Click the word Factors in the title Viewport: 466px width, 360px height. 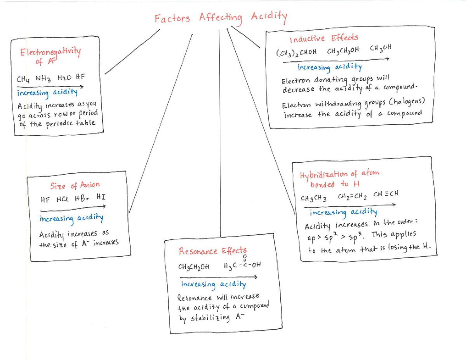(x=172, y=18)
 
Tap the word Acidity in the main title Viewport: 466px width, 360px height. (x=269, y=17)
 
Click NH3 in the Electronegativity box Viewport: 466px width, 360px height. (x=43, y=78)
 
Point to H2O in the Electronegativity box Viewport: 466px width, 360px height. (x=64, y=77)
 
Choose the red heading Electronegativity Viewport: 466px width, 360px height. (x=50, y=52)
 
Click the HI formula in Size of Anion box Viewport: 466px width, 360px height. (x=101, y=197)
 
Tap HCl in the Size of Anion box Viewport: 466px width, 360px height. (x=63, y=199)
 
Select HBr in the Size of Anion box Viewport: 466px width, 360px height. (x=82, y=198)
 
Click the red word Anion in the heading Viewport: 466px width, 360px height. (x=90, y=184)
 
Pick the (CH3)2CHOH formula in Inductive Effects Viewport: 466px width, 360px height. (x=296, y=52)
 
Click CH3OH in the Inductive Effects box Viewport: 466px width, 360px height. (x=381, y=48)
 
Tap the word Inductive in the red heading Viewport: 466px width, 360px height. (x=307, y=39)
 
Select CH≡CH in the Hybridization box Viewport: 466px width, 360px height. (x=386, y=194)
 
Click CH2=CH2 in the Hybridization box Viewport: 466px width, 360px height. (x=352, y=196)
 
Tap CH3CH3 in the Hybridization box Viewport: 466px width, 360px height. (x=313, y=198)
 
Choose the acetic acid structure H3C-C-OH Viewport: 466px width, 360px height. (x=242, y=263)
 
